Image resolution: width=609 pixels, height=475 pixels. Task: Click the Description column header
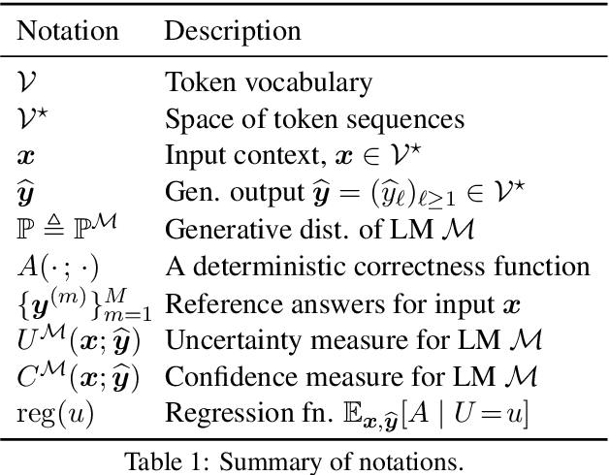pos(232,30)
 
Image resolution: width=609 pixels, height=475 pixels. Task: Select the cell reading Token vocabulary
pos(253,84)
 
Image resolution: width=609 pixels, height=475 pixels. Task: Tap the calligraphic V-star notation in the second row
pos(32,120)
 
